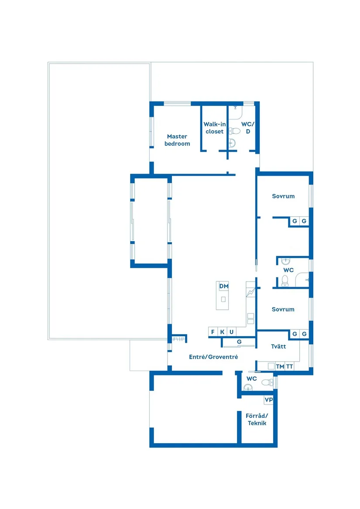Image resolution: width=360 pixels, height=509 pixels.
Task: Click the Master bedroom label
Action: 177,140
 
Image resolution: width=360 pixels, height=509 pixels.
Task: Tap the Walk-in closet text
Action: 214,128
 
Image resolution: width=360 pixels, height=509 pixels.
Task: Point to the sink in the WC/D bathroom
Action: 233,143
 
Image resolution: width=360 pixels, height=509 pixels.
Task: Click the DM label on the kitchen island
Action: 224,286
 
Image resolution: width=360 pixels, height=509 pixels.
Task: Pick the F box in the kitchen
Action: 213,332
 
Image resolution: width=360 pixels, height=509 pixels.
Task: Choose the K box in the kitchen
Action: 222,332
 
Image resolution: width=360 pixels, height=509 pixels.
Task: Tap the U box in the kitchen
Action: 232,332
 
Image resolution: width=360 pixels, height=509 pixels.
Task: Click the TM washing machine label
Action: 280,366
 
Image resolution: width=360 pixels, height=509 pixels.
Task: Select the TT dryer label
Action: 289,366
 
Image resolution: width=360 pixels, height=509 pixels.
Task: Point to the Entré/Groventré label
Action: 213,357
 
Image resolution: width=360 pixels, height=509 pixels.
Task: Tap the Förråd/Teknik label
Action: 257,419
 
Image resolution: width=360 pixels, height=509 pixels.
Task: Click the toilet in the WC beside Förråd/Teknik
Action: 266,383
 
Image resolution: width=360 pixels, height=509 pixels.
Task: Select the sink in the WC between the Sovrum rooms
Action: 286,262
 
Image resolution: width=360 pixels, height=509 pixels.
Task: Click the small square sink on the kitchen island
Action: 223,299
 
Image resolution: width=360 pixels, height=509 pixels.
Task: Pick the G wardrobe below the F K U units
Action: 239,342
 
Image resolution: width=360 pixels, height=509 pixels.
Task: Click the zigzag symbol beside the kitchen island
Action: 250,292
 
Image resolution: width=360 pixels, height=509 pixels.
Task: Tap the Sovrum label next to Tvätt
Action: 283,309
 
